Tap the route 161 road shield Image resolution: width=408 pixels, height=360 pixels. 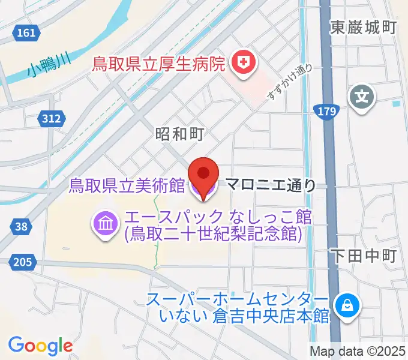pyautogui.click(x=26, y=33)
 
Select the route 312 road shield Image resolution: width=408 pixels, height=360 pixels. pyautogui.click(x=52, y=119)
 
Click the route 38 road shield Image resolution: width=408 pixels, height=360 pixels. pyautogui.click(x=22, y=226)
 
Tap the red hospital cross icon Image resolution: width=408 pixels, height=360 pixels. pyautogui.click(x=243, y=62)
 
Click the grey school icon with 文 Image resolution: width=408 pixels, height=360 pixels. pyautogui.click(x=362, y=94)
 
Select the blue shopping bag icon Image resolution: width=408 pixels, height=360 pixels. pyautogui.click(x=347, y=305)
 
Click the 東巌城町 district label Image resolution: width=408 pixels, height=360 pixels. pyautogui.click(x=364, y=27)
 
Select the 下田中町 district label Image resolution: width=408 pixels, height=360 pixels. pyautogui.click(x=364, y=256)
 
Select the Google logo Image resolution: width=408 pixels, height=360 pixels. pyautogui.click(x=41, y=346)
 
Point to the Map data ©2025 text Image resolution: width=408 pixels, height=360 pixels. pyautogui.click(x=357, y=351)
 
